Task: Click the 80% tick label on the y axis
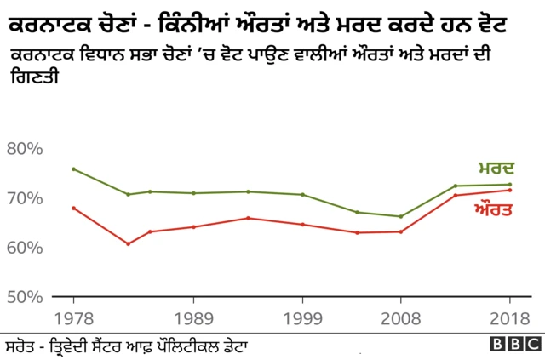[x=25, y=149]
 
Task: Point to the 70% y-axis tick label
[x=25, y=198]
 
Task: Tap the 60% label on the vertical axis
[x=25, y=248]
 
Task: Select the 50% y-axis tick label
[x=25, y=297]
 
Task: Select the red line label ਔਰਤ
[x=493, y=208]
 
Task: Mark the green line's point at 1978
[x=73, y=169]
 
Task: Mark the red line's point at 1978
[x=73, y=208]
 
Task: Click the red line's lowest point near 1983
[x=128, y=244]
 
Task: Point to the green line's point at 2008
[x=400, y=216]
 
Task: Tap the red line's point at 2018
[x=509, y=190]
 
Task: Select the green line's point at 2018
[x=509, y=185]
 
